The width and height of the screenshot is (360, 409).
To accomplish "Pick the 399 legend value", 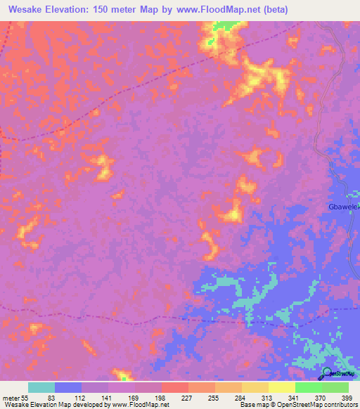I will point(347,397).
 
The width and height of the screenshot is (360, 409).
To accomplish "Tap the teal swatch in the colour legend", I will point(41,387).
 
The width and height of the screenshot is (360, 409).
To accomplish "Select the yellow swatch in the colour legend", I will point(282,387).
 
